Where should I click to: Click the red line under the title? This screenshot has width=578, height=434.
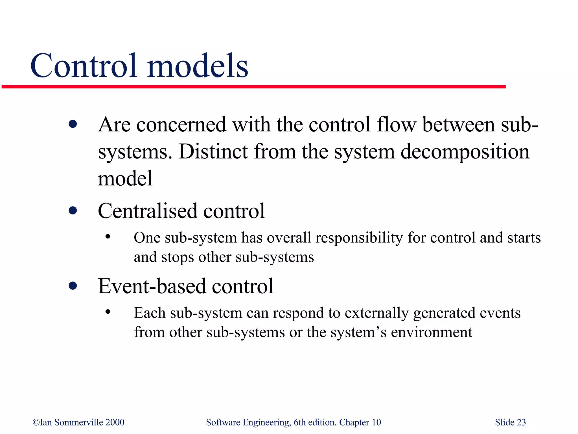(x=253, y=87)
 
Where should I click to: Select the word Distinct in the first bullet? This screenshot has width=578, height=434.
(x=213, y=151)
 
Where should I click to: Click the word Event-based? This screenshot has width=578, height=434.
(x=152, y=286)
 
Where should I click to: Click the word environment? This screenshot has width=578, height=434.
(x=432, y=332)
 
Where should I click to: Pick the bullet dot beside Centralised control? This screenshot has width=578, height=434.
(x=73, y=211)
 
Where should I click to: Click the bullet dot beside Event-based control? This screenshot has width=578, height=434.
(x=73, y=286)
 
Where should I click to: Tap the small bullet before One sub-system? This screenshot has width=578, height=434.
(x=108, y=237)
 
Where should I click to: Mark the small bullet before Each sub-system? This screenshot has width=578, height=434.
(x=108, y=312)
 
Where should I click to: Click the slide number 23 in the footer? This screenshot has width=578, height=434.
(x=521, y=422)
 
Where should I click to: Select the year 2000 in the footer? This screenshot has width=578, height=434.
(x=115, y=422)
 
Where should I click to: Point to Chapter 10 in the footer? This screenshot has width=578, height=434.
(x=360, y=422)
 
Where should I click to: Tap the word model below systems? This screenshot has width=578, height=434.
(x=125, y=179)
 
